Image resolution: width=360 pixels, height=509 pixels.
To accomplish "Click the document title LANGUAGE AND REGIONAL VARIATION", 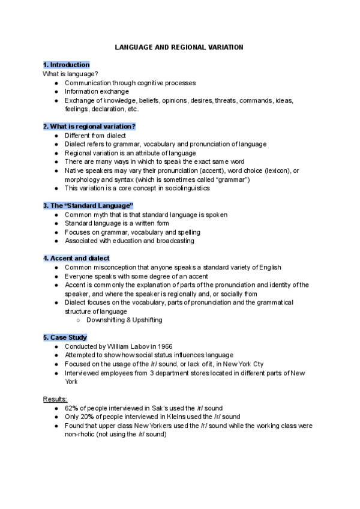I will click(179, 47).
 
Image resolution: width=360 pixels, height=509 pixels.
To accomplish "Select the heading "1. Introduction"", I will click(66, 65).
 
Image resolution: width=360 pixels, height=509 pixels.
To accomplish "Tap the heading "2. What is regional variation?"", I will click(89, 127).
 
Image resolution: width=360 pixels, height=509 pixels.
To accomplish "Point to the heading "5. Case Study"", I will click(65, 338).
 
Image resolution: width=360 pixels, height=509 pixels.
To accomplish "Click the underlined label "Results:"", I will click(55, 399).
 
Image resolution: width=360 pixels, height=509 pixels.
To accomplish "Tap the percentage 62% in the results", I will click(73, 408).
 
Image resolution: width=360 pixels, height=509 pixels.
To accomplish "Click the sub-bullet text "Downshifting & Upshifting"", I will click(124, 321).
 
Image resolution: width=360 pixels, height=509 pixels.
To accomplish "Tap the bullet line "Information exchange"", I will click(97, 92).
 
